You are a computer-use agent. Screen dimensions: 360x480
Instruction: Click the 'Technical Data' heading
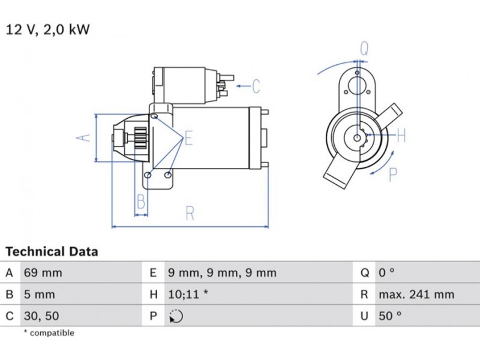(x=52, y=251)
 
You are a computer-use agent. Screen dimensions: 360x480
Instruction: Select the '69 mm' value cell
(x=43, y=273)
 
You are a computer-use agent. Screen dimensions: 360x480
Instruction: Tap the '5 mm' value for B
(x=39, y=295)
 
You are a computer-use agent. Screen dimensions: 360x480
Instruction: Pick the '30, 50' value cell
(x=41, y=316)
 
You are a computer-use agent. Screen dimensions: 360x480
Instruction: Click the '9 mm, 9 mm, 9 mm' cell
(x=222, y=273)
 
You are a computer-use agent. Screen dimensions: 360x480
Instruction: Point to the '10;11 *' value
(x=188, y=295)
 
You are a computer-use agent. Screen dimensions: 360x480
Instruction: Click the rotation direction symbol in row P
(x=176, y=316)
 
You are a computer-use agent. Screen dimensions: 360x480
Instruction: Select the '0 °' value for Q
(x=386, y=273)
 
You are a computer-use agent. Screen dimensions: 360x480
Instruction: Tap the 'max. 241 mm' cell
(x=416, y=295)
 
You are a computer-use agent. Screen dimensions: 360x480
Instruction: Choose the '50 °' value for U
(x=389, y=316)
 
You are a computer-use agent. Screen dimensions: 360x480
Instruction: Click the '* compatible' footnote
(x=49, y=333)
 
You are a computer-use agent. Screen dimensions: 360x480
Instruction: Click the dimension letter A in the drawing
(x=85, y=137)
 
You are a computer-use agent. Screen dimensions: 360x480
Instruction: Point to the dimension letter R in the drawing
(x=190, y=213)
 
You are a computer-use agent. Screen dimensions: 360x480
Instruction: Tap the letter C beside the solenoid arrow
(x=256, y=86)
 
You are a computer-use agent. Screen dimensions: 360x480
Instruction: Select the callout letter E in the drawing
(x=188, y=139)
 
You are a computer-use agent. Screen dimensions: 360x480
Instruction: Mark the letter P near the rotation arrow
(x=393, y=175)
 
